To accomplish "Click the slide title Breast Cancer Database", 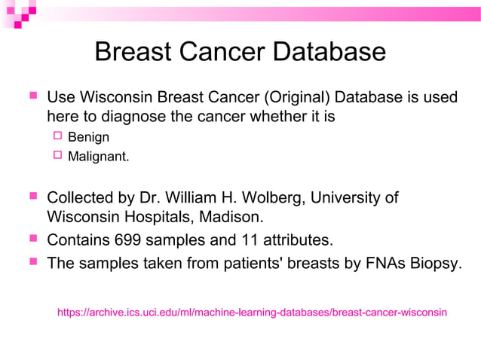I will pos(240,52).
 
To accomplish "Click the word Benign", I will pos(88,138).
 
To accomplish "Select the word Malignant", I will pos(98,157).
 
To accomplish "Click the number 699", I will pos(127,240).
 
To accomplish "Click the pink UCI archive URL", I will pos(252,311).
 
